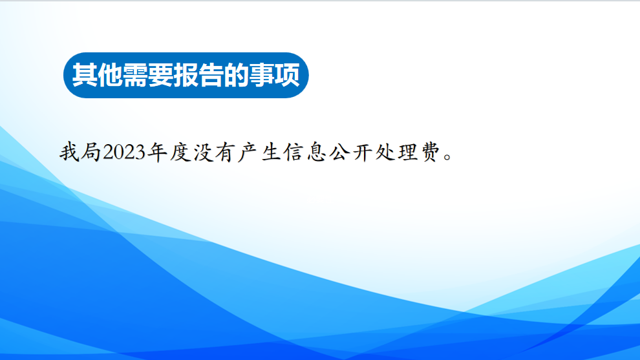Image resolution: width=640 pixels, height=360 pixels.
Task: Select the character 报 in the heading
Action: pos(186,75)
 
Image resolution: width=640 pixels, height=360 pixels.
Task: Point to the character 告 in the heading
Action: pos(211,75)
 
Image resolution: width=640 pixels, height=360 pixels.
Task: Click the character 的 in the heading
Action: pos(237,75)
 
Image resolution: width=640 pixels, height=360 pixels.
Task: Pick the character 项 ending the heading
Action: pos(287,75)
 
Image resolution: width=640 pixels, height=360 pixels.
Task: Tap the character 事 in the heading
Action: pos(262,75)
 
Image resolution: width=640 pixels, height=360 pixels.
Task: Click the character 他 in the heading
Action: pos(110,75)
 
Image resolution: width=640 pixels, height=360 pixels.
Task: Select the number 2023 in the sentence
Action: pos(125,153)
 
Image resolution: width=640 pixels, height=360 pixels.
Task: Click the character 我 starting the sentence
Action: pos(70,153)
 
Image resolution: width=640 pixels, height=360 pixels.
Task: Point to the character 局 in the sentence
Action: pos(91,153)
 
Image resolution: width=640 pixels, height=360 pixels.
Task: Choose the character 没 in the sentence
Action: pos(203,153)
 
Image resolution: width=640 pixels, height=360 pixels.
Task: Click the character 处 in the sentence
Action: pos(386,153)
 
